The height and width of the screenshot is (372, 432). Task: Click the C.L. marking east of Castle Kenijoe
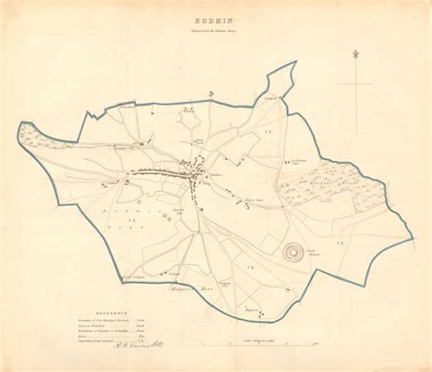[342, 244]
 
